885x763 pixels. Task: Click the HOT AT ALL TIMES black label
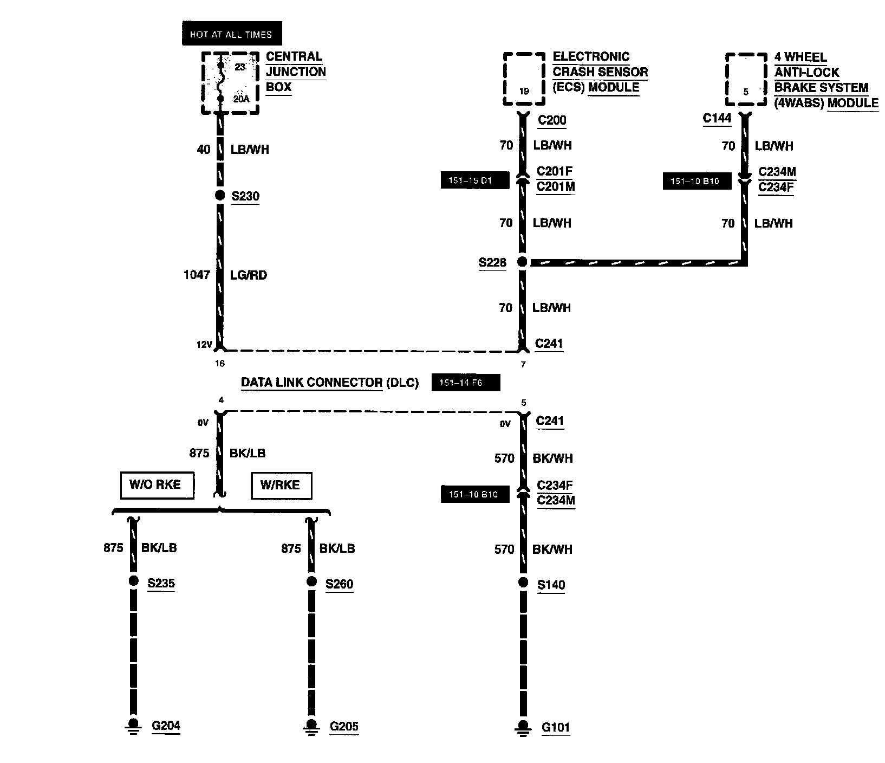click(x=231, y=34)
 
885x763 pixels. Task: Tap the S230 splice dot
click(x=219, y=196)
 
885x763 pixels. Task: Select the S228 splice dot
click(x=522, y=262)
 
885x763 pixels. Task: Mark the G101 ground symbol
click(x=523, y=727)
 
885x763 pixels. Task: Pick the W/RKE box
click(x=281, y=485)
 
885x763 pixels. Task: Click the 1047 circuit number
click(x=197, y=275)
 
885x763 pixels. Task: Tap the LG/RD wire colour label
click(x=249, y=275)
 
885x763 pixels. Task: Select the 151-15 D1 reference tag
click(x=474, y=180)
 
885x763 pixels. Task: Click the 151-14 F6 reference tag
click(x=465, y=383)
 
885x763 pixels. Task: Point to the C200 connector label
click(x=552, y=120)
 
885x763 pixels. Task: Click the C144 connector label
click(x=717, y=118)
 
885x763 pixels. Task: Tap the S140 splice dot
click(x=523, y=583)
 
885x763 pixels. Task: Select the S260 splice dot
click(x=311, y=581)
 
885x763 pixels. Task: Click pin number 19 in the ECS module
click(x=524, y=92)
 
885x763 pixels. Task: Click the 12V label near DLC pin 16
click(x=203, y=344)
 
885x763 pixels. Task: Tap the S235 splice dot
click(x=133, y=581)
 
